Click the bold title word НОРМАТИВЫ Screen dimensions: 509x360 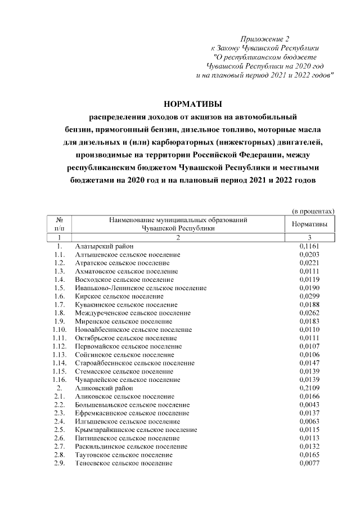click(193, 104)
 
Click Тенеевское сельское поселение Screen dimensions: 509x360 click(124, 463)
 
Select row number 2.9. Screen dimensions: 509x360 click(59, 463)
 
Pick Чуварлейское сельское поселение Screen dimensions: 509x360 click(127, 380)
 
